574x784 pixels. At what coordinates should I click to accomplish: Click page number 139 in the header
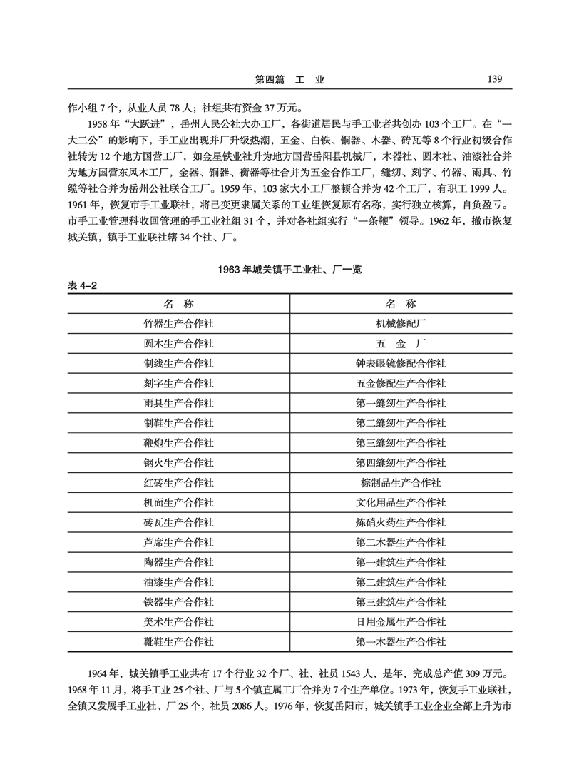(x=493, y=80)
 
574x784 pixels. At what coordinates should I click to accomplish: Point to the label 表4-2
(x=82, y=285)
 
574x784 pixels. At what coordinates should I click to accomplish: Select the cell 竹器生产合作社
(x=178, y=322)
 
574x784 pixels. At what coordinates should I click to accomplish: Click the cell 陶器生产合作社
(x=178, y=562)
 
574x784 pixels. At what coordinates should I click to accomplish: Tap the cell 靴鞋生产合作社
(x=178, y=642)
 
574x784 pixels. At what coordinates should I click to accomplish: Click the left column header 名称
(x=178, y=302)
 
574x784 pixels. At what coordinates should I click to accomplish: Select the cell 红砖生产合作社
(x=178, y=483)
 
